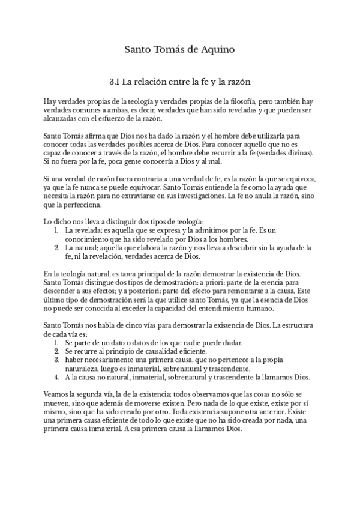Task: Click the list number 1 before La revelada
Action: pos(56,230)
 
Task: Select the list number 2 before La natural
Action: pos(56,247)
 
